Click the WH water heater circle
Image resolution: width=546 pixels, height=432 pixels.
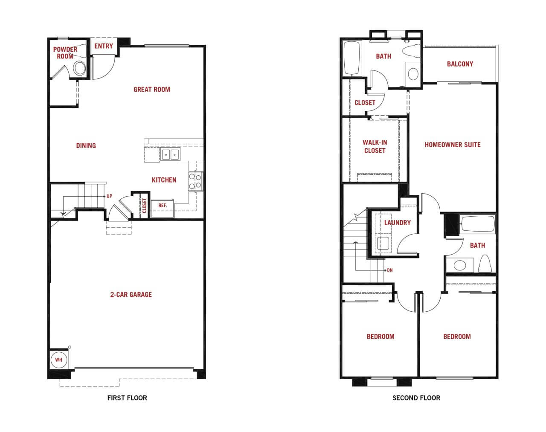58,360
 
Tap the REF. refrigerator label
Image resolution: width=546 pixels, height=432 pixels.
163,206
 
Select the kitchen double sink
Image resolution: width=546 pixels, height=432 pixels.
170,154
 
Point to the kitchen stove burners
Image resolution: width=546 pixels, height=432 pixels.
195,181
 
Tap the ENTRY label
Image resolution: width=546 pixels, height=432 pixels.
104,46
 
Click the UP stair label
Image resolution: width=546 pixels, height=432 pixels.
109,196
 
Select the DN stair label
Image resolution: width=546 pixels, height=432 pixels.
390,270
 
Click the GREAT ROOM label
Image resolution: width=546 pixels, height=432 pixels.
152,90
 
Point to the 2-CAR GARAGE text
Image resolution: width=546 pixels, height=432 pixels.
131,295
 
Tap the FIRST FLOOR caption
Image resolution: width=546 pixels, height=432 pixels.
127,398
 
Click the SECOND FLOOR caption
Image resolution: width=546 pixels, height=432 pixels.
416,398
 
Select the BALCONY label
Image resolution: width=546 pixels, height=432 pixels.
460,64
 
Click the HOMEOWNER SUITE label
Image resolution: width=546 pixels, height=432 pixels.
453,145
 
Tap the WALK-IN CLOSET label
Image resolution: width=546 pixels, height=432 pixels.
375,147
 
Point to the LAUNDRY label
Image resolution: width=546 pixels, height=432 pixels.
397,223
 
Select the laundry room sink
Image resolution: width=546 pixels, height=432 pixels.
383,244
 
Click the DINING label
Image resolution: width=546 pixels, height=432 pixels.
86,145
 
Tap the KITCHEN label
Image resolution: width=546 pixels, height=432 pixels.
164,180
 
